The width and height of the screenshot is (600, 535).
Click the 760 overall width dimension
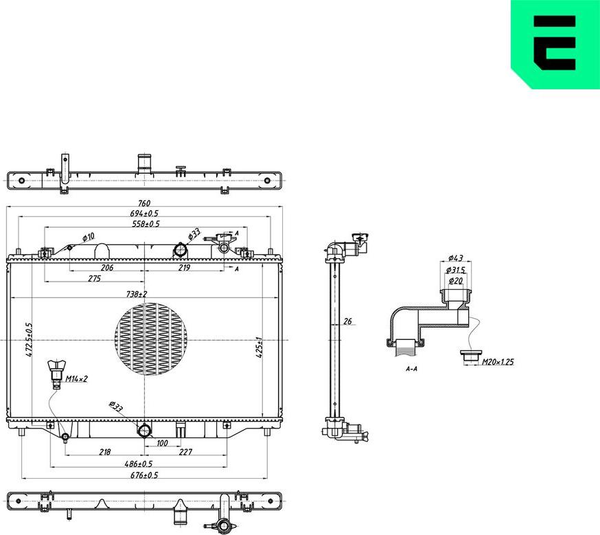point(144,203)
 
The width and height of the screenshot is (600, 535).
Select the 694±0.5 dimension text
point(144,214)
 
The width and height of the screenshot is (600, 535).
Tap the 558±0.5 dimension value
point(146,224)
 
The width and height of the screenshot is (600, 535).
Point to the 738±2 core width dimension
point(137,294)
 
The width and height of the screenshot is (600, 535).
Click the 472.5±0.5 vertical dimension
point(29,340)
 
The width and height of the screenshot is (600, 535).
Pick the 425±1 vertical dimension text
point(258,348)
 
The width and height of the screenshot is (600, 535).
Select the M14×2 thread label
point(76,379)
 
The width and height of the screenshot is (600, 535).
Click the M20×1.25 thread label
point(498,362)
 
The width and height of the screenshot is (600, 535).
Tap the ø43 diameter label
point(455,258)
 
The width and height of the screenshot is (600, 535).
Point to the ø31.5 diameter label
point(455,270)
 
